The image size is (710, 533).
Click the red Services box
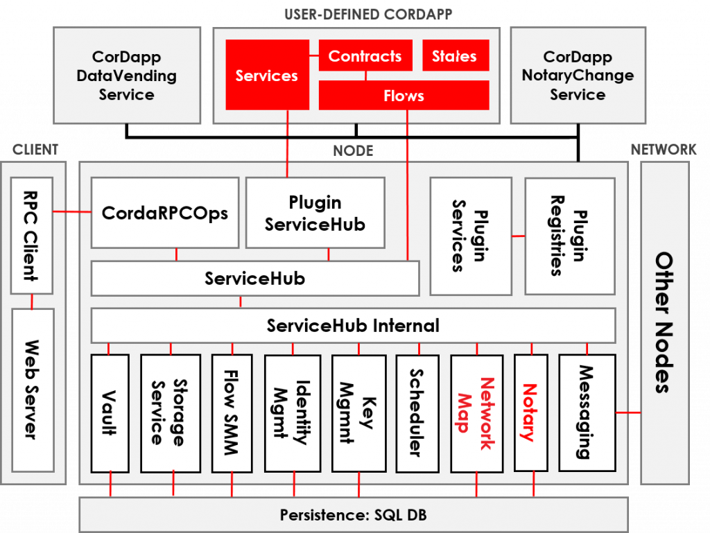tap(266, 75)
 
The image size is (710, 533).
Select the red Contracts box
tap(365, 56)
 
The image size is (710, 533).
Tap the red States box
tap(455, 56)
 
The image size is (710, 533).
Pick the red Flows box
tap(404, 96)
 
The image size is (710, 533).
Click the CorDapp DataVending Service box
tap(126, 76)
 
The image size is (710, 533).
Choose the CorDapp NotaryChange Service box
tap(578, 76)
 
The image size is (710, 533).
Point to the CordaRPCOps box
tap(165, 212)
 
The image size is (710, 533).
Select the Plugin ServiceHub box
tap(315, 213)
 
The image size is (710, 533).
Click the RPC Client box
tap(33, 235)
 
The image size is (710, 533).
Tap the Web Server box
tap(33, 388)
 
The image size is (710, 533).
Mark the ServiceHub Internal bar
tap(353, 325)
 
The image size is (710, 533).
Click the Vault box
tap(110, 413)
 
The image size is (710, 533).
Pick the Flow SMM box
tap(232, 413)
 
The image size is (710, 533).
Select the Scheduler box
tap(417, 413)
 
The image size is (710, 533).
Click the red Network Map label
tap(476, 413)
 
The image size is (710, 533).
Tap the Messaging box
tap(587, 413)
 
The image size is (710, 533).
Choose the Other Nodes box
tap(664, 322)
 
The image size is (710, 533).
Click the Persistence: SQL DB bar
tap(353, 515)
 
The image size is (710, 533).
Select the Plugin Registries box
tap(569, 235)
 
